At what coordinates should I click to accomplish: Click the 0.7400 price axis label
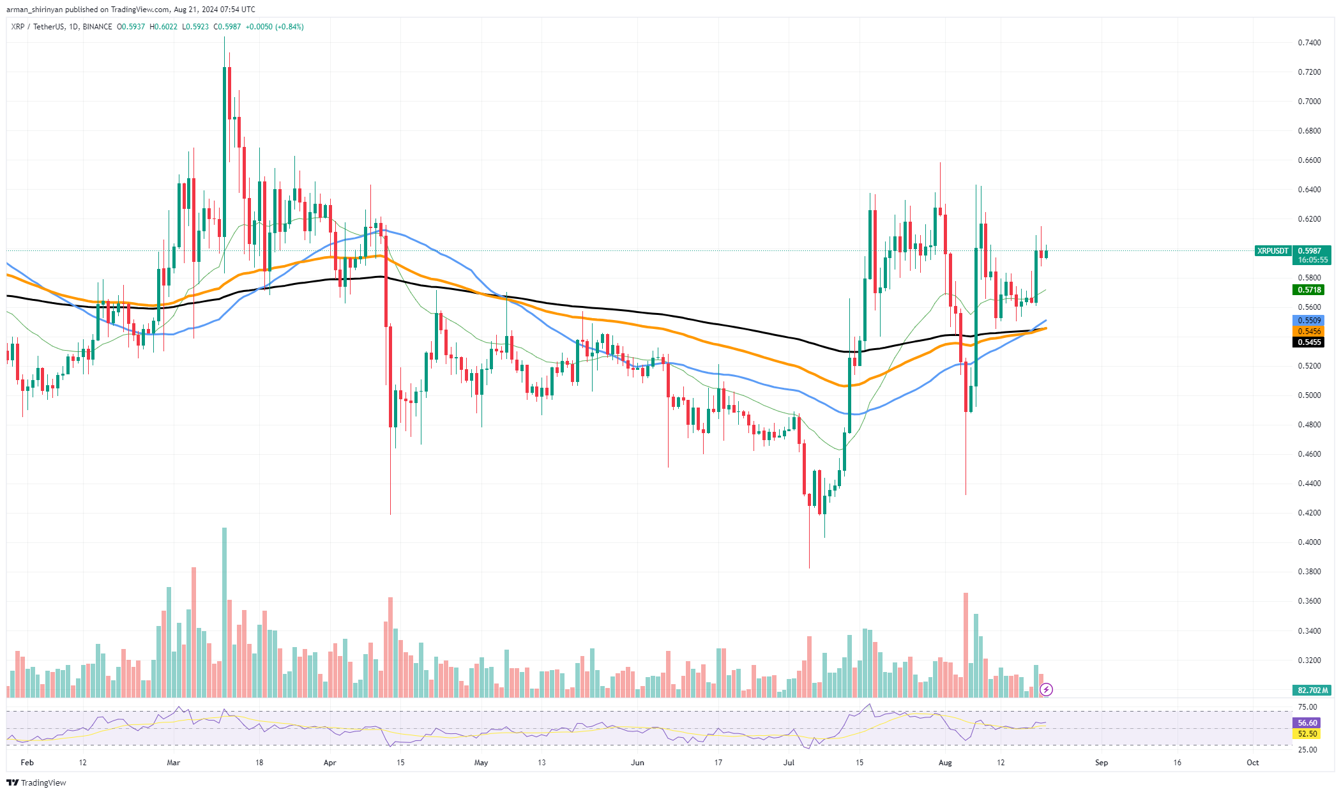[x=1309, y=43]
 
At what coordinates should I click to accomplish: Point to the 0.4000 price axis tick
[x=1309, y=542]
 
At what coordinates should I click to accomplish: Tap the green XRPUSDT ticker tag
[x=1273, y=251]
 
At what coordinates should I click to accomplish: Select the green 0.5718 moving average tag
[x=1308, y=290]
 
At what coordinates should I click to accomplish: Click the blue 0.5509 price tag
[x=1308, y=321]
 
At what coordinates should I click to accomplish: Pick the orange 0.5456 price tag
[x=1308, y=332]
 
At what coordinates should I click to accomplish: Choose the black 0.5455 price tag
[x=1308, y=342]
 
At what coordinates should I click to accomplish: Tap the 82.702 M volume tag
[x=1312, y=691]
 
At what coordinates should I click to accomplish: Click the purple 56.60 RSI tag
[x=1307, y=723]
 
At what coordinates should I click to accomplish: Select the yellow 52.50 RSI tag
[x=1307, y=734]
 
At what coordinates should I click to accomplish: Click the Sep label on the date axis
[x=1102, y=763]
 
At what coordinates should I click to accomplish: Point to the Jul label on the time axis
[x=789, y=763]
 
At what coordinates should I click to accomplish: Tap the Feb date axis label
[x=27, y=763]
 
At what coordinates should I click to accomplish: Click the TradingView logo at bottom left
[x=36, y=783]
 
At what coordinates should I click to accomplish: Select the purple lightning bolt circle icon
[x=1046, y=689]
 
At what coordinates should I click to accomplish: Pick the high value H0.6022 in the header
[x=163, y=27]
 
